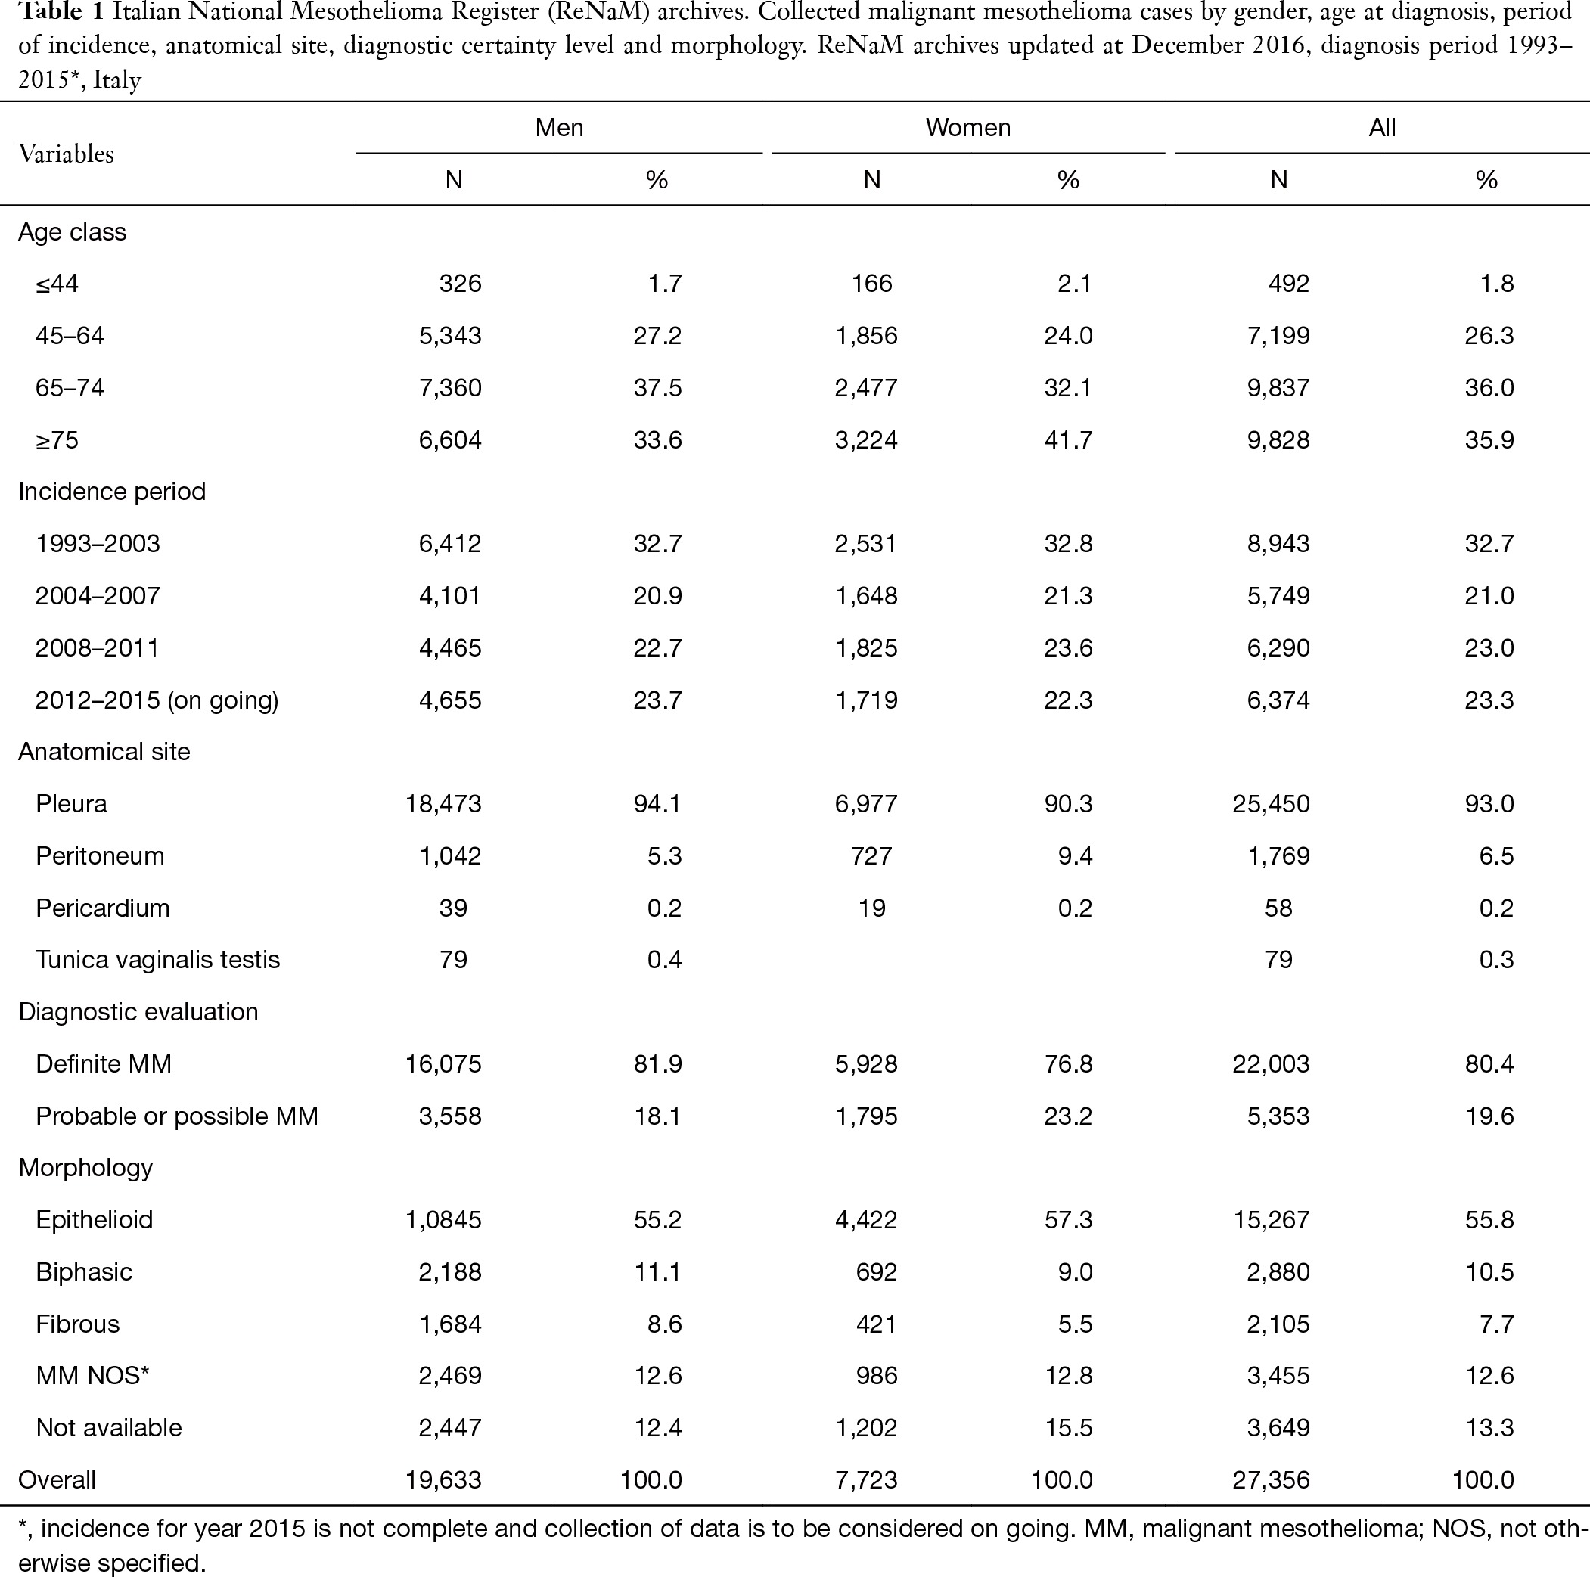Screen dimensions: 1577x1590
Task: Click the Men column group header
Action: coord(559,128)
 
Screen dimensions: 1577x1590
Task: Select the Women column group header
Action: coord(967,128)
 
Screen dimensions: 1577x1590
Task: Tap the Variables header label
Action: coord(66,154)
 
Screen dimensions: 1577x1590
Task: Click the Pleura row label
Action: coord(71,803)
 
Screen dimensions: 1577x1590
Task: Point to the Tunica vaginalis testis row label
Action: coord(157,960)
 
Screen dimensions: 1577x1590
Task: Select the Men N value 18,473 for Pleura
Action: coord(443,803)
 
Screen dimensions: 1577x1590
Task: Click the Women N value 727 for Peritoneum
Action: coord(871,856)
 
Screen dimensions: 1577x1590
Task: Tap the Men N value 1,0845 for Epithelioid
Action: coord(443,1220)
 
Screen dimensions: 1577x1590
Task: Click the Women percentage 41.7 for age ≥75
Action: coord(1068,439)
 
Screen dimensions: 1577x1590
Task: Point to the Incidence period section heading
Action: coord(112,492)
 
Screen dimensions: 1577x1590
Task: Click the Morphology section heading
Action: coord(85,1168)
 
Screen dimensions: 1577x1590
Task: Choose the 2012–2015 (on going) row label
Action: coord(157,700)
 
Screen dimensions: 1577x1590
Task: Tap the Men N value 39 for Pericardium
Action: coord(453,908)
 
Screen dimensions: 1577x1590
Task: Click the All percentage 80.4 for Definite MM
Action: coord(1489,1063)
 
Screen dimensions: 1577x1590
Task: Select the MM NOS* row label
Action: coord(92,1375)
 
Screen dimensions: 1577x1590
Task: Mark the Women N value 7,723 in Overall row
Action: coord(866,1480)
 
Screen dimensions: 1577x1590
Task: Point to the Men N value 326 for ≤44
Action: coord(460,283)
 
